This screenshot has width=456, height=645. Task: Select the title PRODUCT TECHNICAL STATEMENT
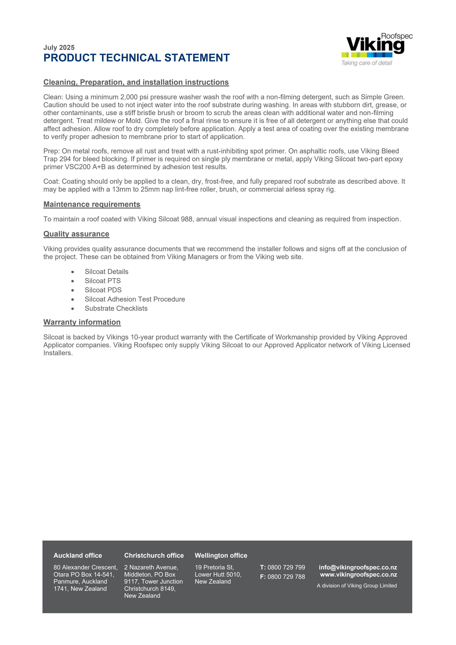click(x=137, y=58)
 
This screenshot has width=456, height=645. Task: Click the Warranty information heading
click(x=82, y=322)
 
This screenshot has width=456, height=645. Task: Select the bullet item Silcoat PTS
click(x=103, y=281)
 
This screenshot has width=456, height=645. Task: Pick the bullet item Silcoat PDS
click(x=103, y=290)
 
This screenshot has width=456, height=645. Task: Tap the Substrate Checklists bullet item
click(x=116, y=309)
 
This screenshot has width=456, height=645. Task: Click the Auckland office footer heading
click(x=78, y=555)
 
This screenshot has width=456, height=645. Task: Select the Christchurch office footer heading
click(x=154, y=555)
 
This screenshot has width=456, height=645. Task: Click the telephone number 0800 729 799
click(x=286, y=567)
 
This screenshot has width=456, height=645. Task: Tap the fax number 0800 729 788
click(x=286, y=577)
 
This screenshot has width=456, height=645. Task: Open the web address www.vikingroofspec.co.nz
click(x=359, y=575)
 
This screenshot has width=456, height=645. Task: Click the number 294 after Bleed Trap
click(x=65, y=159)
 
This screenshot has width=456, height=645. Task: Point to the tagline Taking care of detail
click(x=366, y=63)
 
